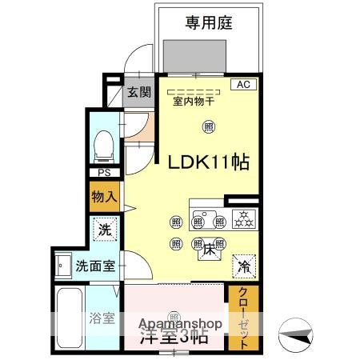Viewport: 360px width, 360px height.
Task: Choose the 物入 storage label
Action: tap(104, 196)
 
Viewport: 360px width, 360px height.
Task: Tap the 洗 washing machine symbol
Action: tap(105, 229)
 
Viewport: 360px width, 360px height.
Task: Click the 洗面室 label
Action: tap(94, 265)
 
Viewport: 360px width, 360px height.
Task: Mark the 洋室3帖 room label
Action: tap(174, 337)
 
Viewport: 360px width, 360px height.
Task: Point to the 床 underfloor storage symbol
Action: tap(206, 249)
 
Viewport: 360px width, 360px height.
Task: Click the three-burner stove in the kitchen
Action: tap(242, 218)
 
